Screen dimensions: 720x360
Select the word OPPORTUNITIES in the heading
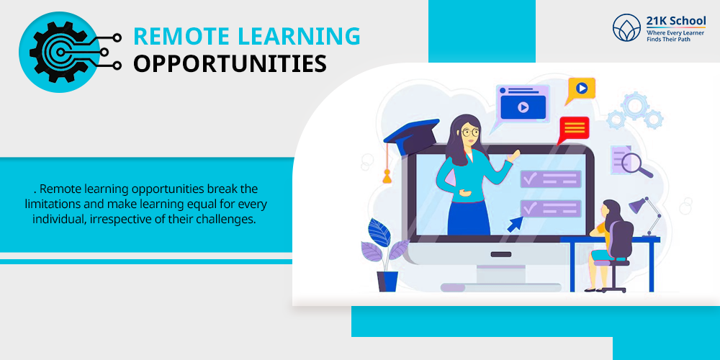(x=230, y=64)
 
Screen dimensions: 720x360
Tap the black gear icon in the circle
(x=58, y=53)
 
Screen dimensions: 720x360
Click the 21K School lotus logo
(x=626, y=27)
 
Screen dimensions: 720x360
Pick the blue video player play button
(x=523, y=107)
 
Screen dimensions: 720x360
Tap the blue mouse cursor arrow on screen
(x=516, y=224)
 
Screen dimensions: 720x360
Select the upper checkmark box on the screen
(x=551, y=179)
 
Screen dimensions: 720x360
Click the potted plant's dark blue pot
(x=387, y=282)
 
